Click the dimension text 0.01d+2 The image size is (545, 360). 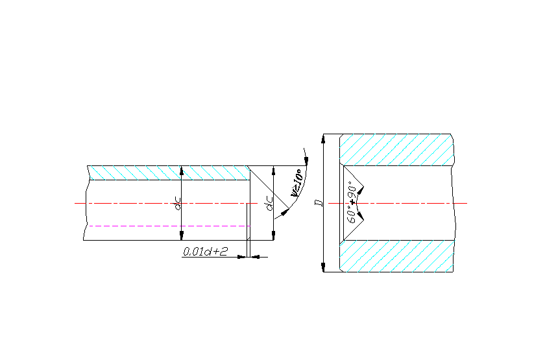tap(205, 251)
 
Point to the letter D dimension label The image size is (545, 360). tap(318, 203)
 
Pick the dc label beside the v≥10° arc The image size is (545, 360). tap(269, 205)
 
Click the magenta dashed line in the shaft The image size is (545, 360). tap(169, 226)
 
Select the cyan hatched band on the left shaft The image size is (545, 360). tap(169, 173)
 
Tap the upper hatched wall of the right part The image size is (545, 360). tap(396, 149)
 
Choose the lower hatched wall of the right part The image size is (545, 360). tap(396, 256)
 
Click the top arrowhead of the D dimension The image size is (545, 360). tap(322, 139)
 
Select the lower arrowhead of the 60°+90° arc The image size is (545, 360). tap(361, 215)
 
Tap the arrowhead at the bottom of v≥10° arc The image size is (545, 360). tap(278, 216)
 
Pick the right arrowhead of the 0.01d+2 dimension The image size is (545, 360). tap(254, 257)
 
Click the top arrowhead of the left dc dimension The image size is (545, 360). tap(182, 170)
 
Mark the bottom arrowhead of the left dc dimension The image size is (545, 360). tap(182, 235)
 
